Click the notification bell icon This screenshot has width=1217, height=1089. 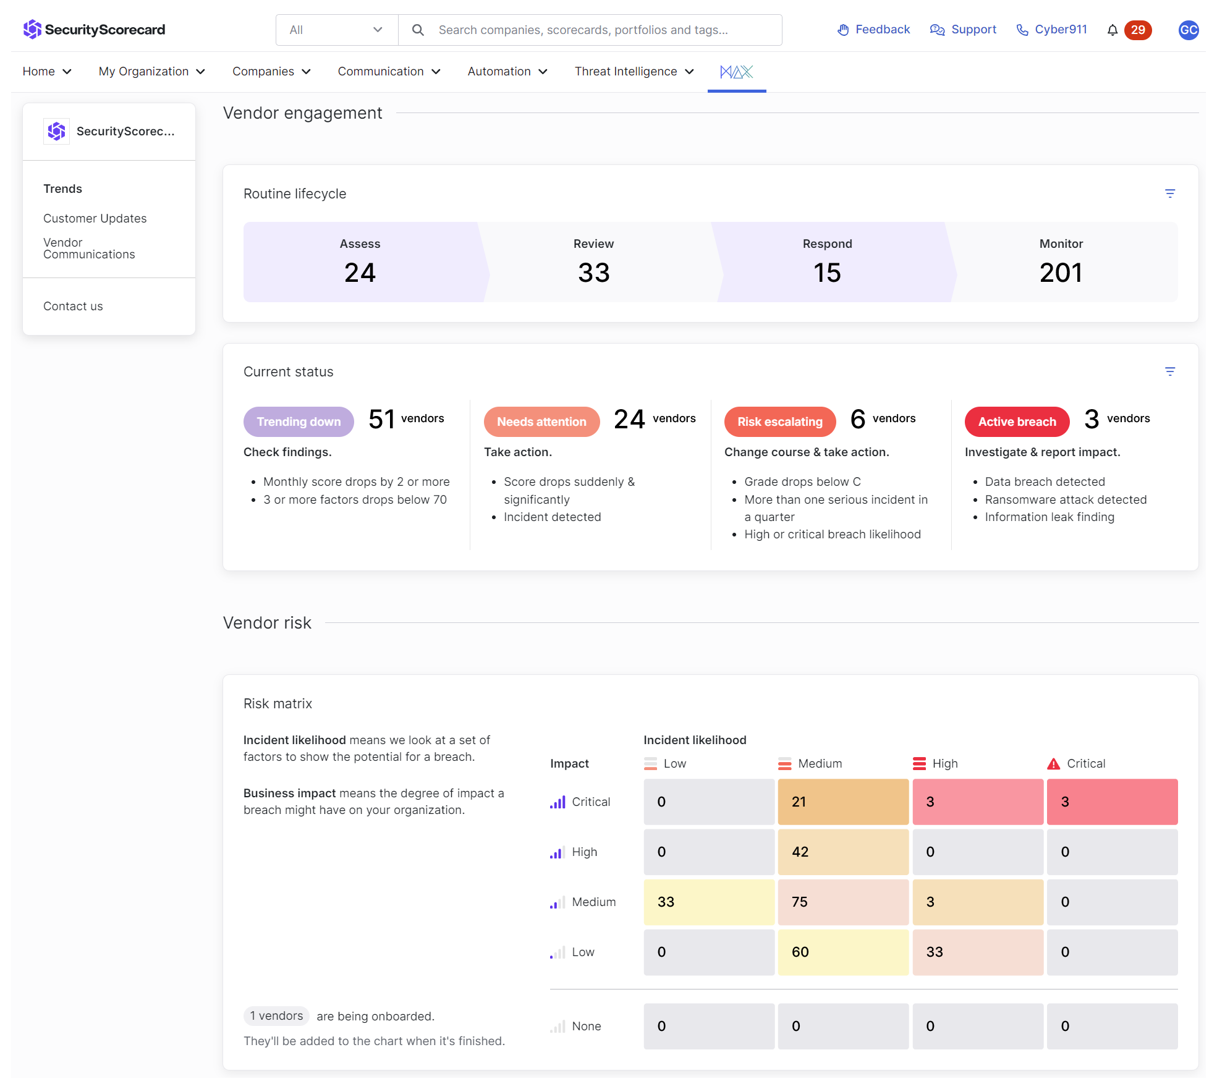coord(1112,30)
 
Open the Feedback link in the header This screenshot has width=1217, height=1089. coord(873,30)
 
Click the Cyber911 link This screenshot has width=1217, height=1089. coord(1051,30)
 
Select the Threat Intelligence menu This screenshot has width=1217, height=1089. coord(634,72)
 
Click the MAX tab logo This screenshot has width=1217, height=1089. coord(737,72)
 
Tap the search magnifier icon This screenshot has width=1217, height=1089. coord(418,30)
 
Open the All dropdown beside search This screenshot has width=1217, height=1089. coord(337,30)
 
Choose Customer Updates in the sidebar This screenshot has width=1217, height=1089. coord(95,218)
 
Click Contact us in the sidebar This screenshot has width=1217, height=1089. coord(73,306)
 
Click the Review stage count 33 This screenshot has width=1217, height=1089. coord(594,273)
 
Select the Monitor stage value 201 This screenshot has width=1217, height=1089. coord(1061,273)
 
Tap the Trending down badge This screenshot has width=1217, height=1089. coord(299,422)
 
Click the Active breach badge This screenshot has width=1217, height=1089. coord(1017,422)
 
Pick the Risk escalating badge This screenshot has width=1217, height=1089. coord(780,422)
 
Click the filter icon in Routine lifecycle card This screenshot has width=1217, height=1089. coord(1170,193)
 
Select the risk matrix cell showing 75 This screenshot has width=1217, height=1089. coord(843,902)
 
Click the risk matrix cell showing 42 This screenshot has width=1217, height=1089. coord(843,852)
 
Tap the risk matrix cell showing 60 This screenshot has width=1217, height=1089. coord(843,952)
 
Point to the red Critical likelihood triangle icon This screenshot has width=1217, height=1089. coord(1053,764)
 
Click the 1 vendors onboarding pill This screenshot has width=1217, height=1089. coord(276,1015)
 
